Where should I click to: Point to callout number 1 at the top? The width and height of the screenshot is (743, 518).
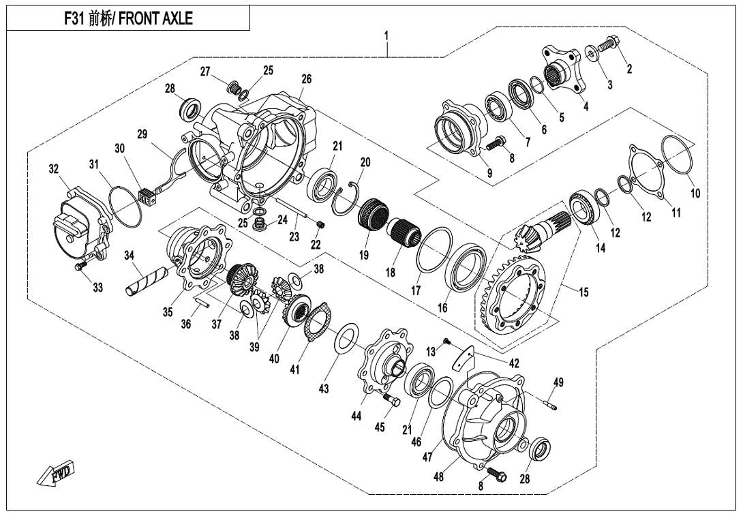386,34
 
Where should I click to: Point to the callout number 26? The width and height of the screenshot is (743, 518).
306,79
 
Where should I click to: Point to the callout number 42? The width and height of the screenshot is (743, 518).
514,364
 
